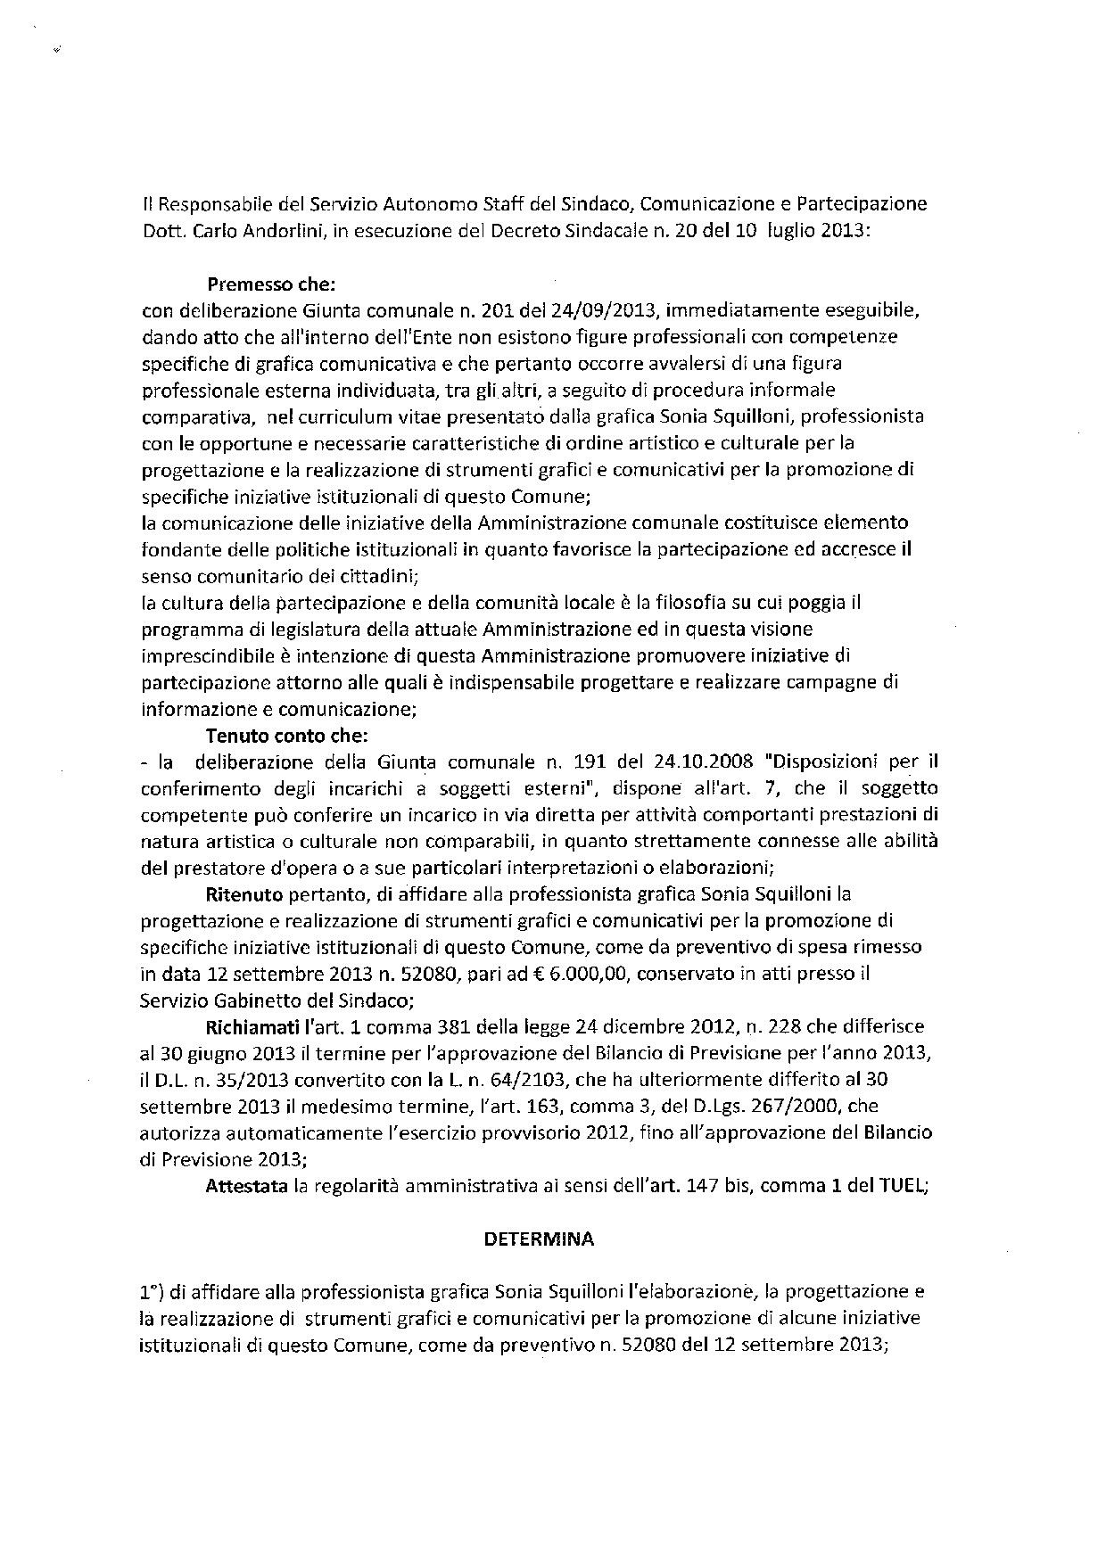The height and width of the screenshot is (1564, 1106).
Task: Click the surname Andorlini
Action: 274,231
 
